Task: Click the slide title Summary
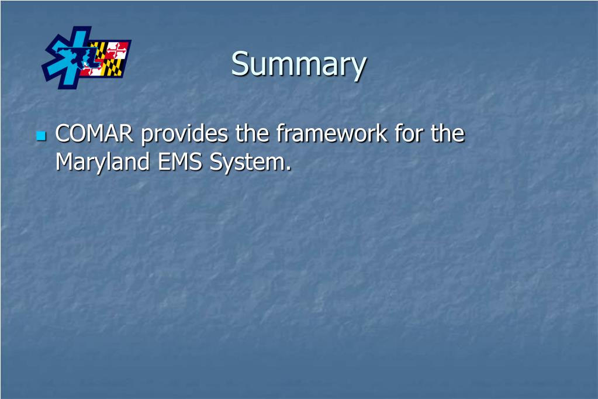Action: (299, 64)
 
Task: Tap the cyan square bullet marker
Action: (40, 136)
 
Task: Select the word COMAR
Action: (94, 134)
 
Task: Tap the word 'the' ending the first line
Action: (447, 134)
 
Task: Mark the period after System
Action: (288, 169)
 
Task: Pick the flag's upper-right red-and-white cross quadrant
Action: (119, 50)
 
